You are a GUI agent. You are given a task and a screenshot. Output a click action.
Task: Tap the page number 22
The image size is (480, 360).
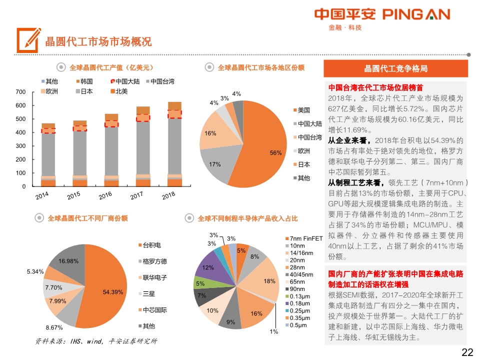(467, 352)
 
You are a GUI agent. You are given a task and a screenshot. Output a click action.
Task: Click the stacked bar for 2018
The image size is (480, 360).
(174, 145)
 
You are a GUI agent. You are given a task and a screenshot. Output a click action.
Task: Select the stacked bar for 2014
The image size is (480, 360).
(48, 155)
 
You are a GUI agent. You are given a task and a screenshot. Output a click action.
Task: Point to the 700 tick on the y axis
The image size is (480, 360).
(20, 92)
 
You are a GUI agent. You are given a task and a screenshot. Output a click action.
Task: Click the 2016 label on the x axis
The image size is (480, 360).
(105, 195)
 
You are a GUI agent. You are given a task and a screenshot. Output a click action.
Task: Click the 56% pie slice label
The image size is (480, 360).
(275, 153)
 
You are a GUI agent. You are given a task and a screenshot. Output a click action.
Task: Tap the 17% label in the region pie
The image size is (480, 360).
(214, 164)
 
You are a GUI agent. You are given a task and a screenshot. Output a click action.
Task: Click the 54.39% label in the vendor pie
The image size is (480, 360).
(112, 292)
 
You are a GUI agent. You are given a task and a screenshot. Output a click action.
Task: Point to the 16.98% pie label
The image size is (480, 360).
(68, 261)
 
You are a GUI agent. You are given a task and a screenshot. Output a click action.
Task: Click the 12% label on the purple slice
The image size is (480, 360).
(208, 267)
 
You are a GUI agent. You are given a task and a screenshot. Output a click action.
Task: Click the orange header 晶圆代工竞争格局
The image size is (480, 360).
(395, 68)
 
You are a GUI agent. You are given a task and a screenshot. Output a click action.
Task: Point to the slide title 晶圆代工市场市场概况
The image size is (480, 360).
(98, 41)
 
